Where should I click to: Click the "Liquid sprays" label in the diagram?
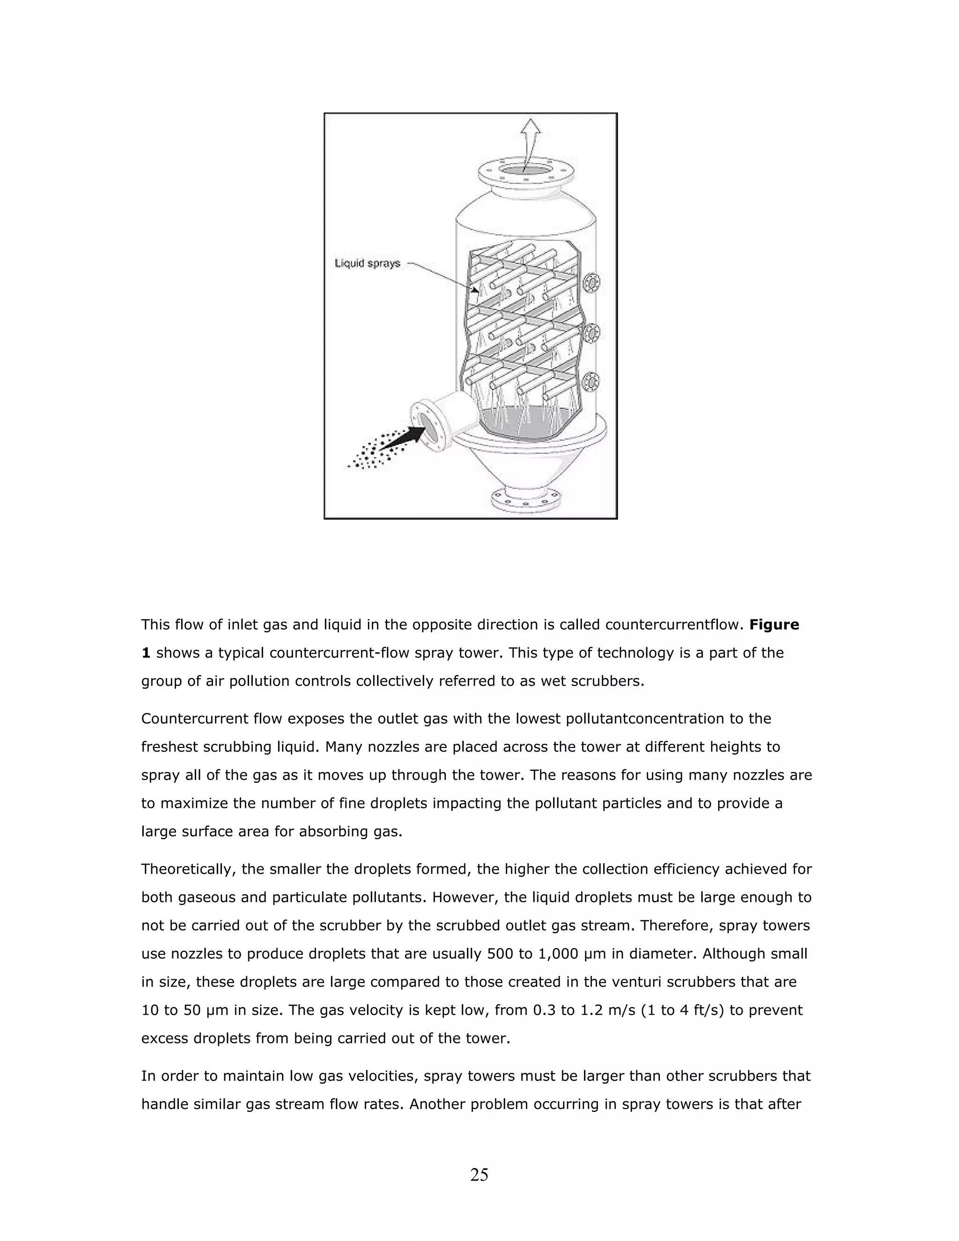(368, 264)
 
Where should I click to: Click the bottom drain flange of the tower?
(527, 499)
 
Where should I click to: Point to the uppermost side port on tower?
(592, 282)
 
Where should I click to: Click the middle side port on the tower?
(592, 333)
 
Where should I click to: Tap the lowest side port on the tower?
(592, 381)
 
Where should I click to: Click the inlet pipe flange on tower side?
(427, 423)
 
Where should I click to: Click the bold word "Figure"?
(774, 625)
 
